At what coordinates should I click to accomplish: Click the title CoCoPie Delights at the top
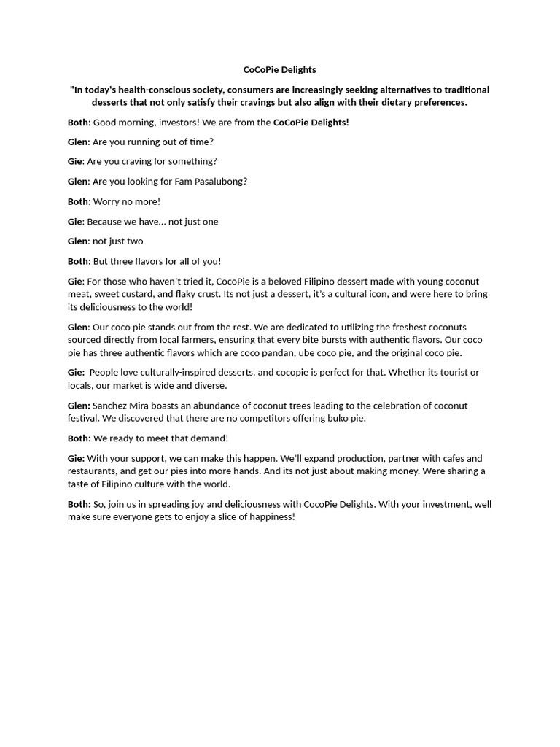279,70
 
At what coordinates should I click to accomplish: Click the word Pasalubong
217,182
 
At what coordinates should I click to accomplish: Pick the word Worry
107,201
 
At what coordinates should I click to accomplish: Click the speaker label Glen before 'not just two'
77,241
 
